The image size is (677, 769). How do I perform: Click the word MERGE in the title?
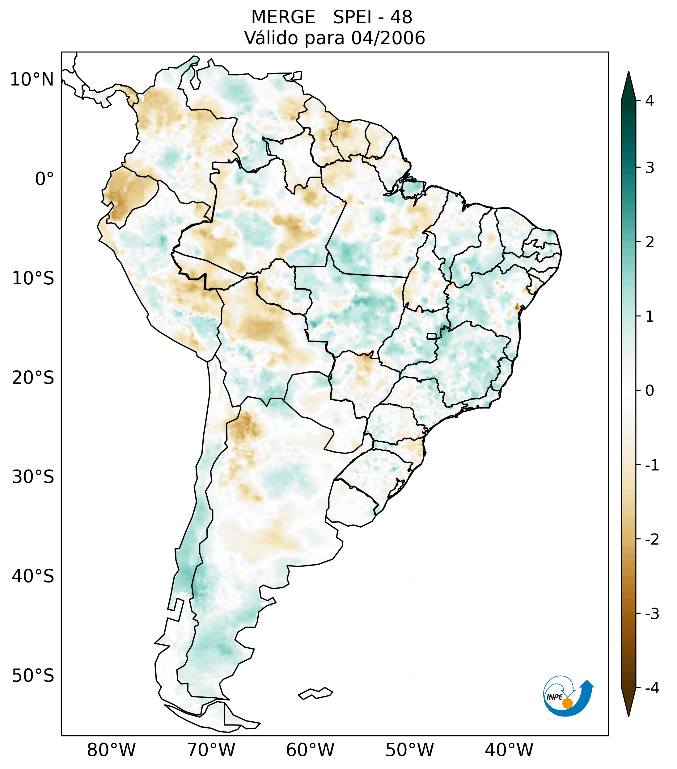(x=283, y=17)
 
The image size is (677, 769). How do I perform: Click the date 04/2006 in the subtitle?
(x=388, y=38)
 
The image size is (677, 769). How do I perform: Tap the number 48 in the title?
(x=401, y=17)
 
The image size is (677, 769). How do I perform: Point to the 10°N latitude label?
(x=32, y=80)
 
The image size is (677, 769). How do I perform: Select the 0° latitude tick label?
(x=44, y=179)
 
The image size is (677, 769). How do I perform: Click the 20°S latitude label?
(x=33, y=378)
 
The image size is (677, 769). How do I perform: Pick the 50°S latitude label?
(x=33, y=676)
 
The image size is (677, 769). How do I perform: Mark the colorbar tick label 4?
(x=649, y=101)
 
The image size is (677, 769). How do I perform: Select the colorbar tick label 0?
(x=649, y=391)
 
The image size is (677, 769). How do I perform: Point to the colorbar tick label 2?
(x=649, y=242)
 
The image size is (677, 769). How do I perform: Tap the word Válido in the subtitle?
(x=271, y=38)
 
